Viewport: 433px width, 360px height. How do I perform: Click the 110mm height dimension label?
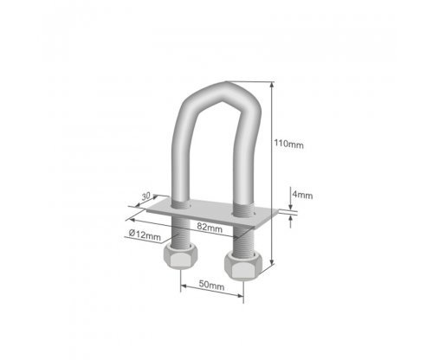[288, 144]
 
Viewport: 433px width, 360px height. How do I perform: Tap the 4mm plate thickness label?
[302, 195]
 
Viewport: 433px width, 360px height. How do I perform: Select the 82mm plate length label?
[210, 228]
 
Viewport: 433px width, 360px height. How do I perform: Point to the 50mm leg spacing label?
[211, 286]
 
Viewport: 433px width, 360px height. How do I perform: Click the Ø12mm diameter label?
[145, 235]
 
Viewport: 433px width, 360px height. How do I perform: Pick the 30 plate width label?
[146, 196]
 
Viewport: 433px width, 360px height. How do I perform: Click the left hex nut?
[179, 256]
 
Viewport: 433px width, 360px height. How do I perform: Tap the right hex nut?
[243, 266]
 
